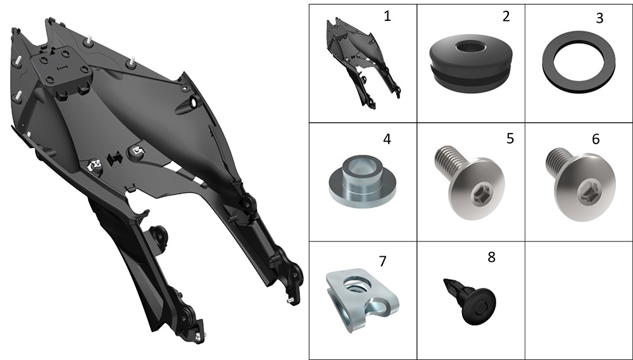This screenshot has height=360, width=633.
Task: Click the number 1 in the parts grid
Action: [387, 16]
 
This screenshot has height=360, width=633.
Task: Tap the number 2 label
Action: [506, 16]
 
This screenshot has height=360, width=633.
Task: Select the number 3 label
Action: [599, 18]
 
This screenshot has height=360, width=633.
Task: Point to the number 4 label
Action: [387, 139]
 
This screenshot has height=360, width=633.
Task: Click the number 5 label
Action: [510, 139]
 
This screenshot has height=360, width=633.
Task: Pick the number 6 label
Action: [596, 139]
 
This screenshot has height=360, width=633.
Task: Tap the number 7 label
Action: [383, 261]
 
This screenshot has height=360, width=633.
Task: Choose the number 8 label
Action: [491, 257]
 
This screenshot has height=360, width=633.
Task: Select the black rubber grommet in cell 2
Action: [471, 63]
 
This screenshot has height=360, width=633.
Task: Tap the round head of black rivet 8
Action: [479, 307]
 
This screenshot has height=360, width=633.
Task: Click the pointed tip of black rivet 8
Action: [444, 280]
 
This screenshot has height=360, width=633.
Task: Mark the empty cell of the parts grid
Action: [579, 301]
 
